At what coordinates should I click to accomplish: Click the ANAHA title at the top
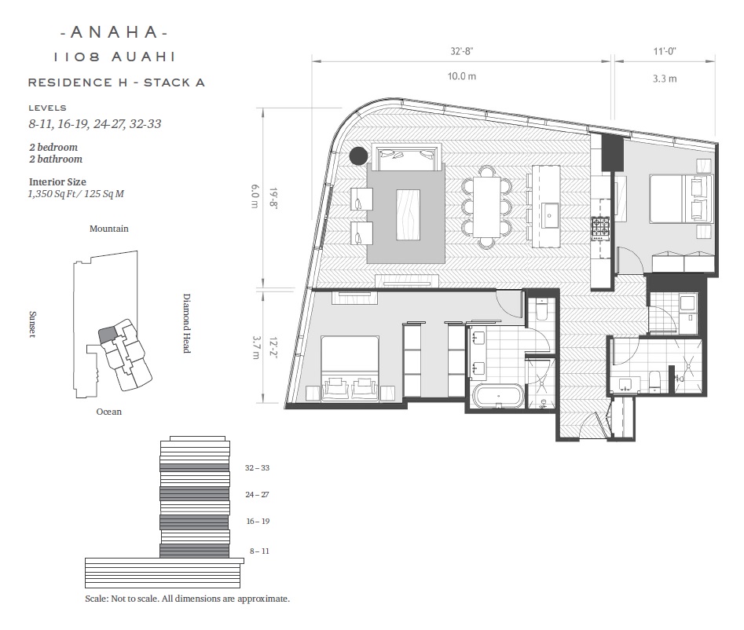point(115,32)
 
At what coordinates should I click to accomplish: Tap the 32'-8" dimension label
point(462,51)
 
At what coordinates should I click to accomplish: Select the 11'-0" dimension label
point(665,51)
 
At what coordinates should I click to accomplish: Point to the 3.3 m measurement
point(665,79)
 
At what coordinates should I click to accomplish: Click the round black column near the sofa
point(358,156)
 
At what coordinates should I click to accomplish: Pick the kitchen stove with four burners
point(600,226)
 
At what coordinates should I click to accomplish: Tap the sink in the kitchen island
point(549,215)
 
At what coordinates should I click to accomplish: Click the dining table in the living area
point(486,207)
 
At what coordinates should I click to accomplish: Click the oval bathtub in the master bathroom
point(498,396)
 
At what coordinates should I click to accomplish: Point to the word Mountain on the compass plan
point(109,229)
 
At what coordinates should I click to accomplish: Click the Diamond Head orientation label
point(187,323)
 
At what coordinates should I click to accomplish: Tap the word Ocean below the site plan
point(109,412)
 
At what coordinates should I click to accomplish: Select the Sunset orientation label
point(32,324)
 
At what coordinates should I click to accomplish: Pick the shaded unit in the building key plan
point(107,334)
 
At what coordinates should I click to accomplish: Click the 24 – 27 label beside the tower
point(257,494)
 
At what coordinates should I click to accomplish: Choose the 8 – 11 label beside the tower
point(259,551)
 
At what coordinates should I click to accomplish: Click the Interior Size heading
point(57,181)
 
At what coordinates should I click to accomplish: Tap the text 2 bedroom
point(53,147)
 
